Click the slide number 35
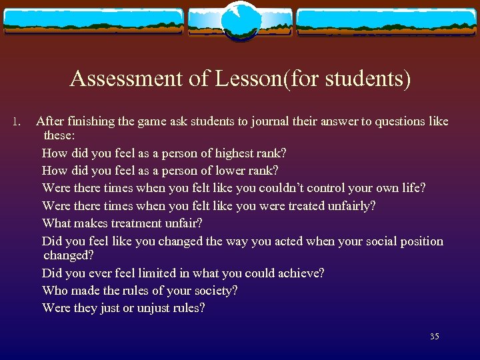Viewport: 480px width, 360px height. pyautogui.click(x=434, y=337)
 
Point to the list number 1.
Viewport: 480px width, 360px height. pyautogui.click(x=17, y=122)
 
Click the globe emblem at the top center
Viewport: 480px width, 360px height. pyautogui.click(x=240, y=21)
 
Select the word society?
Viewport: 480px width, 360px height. pyautogui.click(x=213, y=290)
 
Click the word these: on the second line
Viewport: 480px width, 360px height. pyautogui.click(x=60, y=135)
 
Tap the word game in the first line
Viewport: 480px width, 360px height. pyautogui.click(x=153, y=122)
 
